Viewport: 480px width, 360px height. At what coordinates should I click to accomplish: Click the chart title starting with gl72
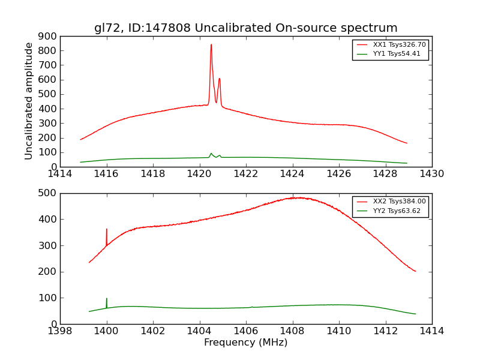245,28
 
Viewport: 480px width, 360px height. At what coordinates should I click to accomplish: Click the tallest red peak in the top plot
211,45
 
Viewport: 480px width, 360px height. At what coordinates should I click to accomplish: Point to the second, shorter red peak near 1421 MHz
220,79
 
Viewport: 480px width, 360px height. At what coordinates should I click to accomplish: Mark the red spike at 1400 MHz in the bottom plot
107,230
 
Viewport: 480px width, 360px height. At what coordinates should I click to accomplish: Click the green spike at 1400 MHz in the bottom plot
107,299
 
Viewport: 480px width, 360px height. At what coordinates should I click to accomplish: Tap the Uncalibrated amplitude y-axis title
29,101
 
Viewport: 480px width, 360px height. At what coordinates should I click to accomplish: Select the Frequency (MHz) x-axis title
245,343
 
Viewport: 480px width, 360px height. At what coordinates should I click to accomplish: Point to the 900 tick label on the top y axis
49,36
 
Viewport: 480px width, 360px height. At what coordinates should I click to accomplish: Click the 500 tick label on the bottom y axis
49,193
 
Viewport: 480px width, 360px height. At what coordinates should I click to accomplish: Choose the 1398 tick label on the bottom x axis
60,331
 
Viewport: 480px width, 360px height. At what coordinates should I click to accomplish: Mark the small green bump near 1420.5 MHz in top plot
211,154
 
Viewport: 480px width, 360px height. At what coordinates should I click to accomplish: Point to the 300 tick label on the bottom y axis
49,245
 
